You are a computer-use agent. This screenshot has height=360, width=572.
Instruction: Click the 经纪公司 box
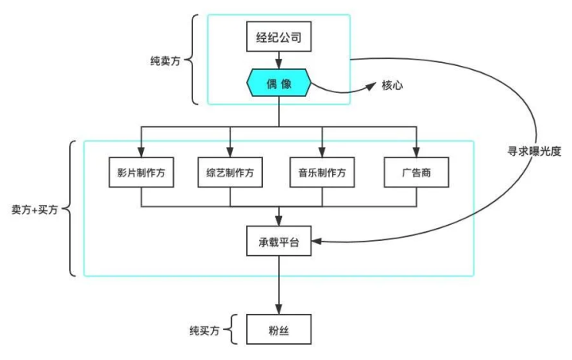(277, 37)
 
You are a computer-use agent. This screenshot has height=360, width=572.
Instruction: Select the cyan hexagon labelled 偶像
(277, 82)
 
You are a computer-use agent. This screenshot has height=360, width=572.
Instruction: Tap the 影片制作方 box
(141, 173)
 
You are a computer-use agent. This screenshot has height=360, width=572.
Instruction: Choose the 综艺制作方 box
(231, 173)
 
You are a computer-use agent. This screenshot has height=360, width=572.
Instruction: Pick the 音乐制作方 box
(322, 173)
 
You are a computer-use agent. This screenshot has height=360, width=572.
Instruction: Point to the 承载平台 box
(277, 242)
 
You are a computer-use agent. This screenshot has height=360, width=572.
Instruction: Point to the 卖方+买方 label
(36, 209)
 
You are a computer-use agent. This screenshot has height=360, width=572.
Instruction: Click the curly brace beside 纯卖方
(195, 59)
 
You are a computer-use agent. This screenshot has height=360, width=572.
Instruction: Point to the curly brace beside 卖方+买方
(70, 208)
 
